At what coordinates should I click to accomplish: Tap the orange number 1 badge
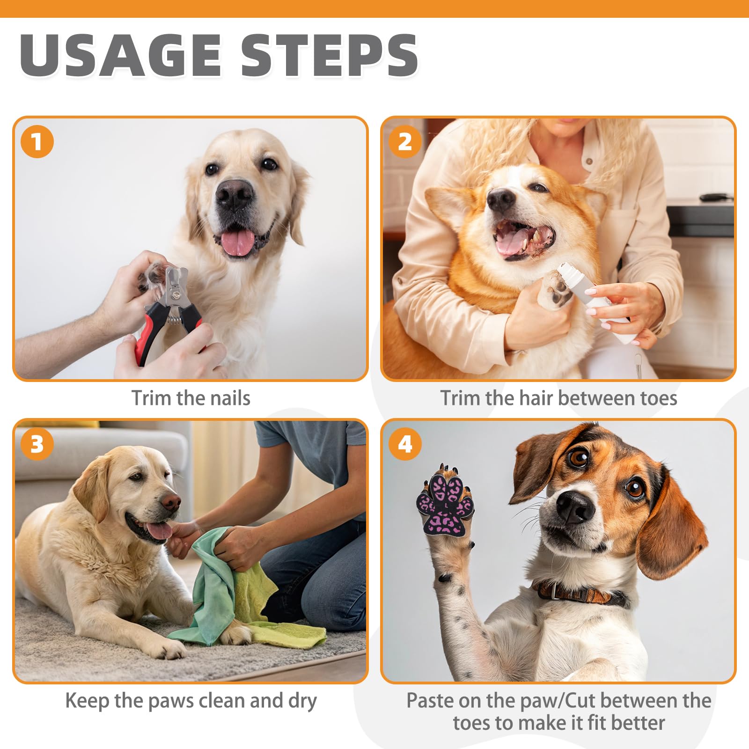(37, 141)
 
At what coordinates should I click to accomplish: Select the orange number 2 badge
(405, 141)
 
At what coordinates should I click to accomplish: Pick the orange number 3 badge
(37, 444)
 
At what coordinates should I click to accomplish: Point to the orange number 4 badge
(405, 444)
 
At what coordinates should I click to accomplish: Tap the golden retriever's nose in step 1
(234, 193)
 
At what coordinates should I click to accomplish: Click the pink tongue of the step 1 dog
(238, 242)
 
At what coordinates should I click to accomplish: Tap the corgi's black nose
(499, 200)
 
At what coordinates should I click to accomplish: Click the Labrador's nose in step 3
(171, 503)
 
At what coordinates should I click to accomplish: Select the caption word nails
(230, 398)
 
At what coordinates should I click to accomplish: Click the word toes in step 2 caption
(659, 398)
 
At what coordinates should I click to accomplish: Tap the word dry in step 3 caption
(302, 701)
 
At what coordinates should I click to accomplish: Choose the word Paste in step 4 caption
(430, 701)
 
